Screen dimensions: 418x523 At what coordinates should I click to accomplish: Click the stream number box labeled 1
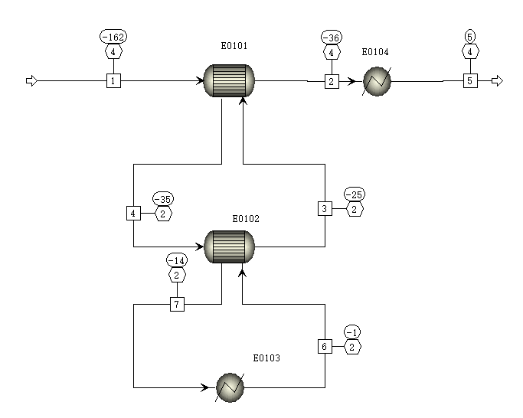click(x=113, y=80)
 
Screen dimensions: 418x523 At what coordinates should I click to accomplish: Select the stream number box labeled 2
click(x=332, y=80)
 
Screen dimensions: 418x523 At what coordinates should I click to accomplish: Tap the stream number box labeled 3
click(x=325, y=208)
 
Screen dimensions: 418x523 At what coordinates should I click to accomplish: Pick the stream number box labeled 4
click(x=133, y=213)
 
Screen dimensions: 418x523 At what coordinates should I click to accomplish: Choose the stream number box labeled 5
click(x=470, y=80)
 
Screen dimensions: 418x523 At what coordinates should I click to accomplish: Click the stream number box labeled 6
click(x=325, y=347)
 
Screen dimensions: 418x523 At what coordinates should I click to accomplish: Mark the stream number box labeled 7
click(x=177, y=305)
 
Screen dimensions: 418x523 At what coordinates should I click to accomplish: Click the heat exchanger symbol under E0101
click(x=229, y=80)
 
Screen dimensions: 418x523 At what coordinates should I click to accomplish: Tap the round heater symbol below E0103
click(x=230, y=387)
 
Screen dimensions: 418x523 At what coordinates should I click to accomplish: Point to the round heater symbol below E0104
click(x=376, y=80)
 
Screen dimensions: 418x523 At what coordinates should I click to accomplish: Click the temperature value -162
click(x=113, y=37)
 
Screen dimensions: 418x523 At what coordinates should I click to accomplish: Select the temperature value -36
click(x=332, y=37)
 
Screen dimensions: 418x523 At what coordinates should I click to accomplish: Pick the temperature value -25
click(x=355, y=192)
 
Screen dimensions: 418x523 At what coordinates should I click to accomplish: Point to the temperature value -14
click(x=177, y=260)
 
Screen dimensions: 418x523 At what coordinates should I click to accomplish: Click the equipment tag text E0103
click(x=266, y=358)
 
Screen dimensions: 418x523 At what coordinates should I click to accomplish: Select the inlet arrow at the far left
click(x=31, y=80)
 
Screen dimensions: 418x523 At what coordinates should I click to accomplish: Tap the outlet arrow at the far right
click(x=497, y=80)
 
